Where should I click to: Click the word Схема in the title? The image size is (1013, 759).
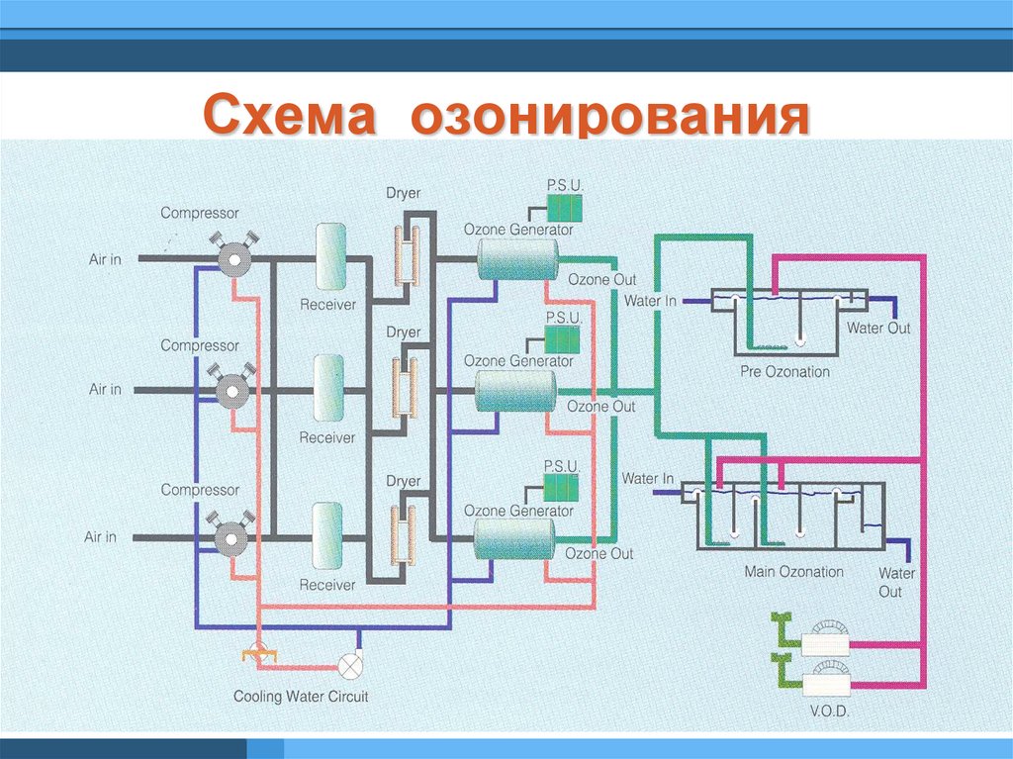point(293,116)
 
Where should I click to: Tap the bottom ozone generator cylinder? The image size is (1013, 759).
point(513,540)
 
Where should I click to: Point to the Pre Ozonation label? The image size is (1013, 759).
point(784,372)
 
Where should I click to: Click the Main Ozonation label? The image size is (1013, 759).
point(793,572)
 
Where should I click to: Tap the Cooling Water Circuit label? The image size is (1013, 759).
point(301,697)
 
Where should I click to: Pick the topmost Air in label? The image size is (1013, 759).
point(105,259)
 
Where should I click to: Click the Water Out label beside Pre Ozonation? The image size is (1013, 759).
point(878,328)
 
